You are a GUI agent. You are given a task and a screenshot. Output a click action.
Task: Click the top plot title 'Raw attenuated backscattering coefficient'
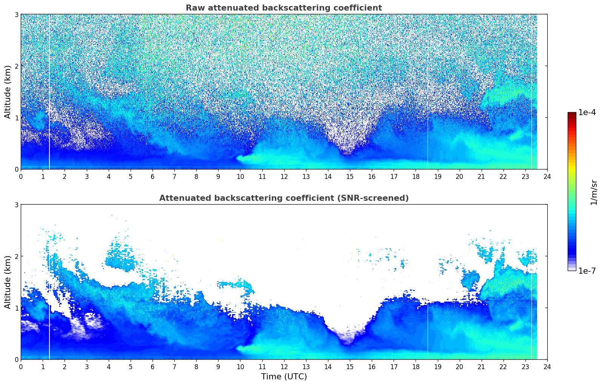tap(283, 8)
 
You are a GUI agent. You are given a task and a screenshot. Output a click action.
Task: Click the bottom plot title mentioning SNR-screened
tap(283, 198)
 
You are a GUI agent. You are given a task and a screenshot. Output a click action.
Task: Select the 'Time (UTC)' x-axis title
tap(284, 377)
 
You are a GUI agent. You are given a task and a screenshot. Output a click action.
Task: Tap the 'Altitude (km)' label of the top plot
tap(8, 92)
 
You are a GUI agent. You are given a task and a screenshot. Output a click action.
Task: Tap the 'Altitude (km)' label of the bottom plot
tap(8, 282)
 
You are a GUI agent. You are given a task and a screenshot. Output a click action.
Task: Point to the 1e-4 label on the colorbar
tap(587, 112)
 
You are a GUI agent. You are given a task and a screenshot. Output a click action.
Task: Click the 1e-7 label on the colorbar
tap(587, 271)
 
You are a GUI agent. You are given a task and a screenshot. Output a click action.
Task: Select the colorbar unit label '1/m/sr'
tap(594, 192)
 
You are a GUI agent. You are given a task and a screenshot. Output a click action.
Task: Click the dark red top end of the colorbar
tap(571, 114)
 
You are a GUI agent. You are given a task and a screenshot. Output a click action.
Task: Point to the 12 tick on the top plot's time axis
tap(284, 176)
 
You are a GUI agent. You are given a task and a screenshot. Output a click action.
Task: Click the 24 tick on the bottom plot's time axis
tap(547, 367)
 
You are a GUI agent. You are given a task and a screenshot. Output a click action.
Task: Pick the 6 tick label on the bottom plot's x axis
tap(152, 367)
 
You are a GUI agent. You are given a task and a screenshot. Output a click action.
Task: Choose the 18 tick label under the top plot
tap(416, 176)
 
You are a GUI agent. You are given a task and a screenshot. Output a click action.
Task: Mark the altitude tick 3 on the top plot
tap(17, 14)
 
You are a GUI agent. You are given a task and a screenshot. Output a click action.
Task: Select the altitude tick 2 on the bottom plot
tap(17, 256)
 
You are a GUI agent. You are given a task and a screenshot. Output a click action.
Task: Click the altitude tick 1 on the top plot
tap(17, 118)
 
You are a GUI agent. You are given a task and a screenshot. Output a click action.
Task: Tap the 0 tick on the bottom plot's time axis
tap(21, 367)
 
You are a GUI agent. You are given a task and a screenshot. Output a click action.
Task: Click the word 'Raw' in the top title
tap(194, 8)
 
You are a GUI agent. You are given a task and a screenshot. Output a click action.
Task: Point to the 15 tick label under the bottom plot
tap(350, 367)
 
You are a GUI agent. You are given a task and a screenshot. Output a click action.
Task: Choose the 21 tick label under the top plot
tap(481, 176)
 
